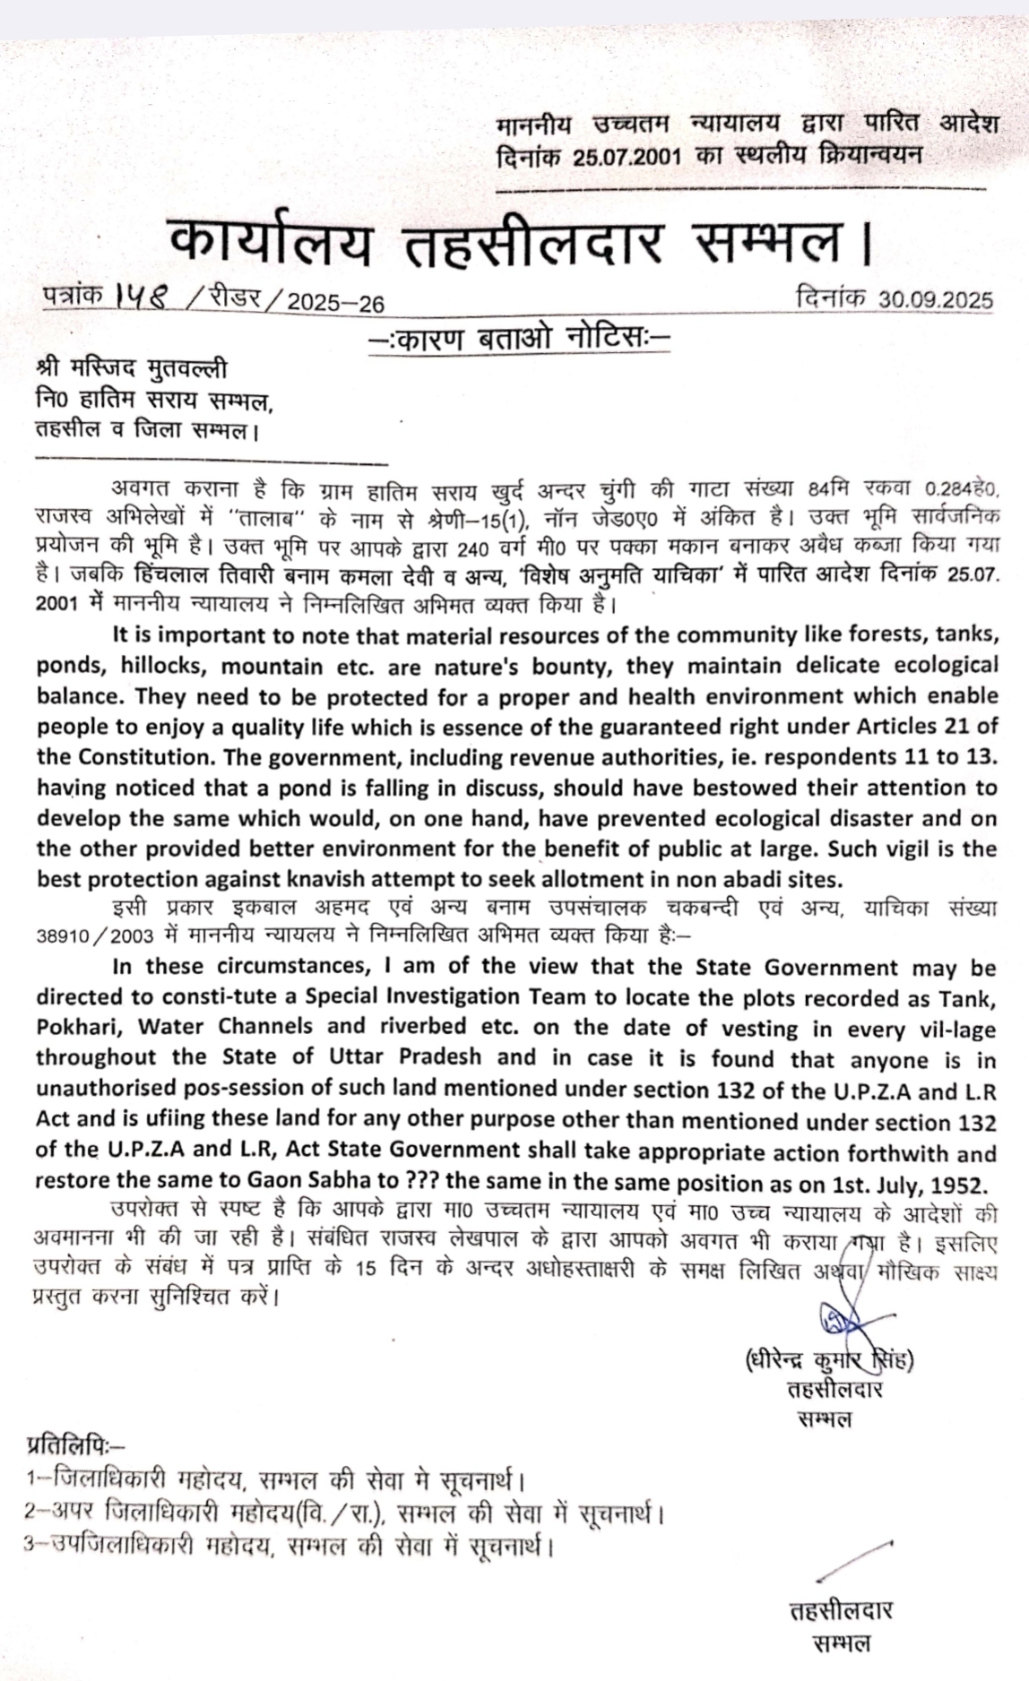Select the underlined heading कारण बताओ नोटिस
(519, 341)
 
